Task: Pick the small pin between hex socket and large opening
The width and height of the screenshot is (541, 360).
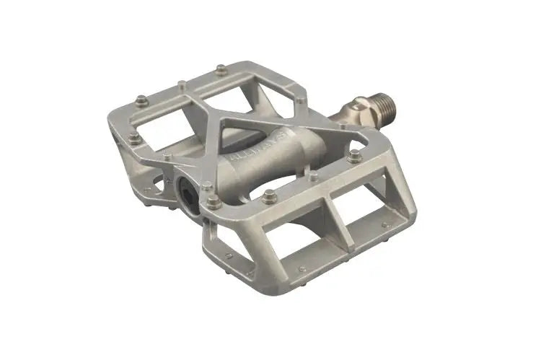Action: click(x=168, y=158)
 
